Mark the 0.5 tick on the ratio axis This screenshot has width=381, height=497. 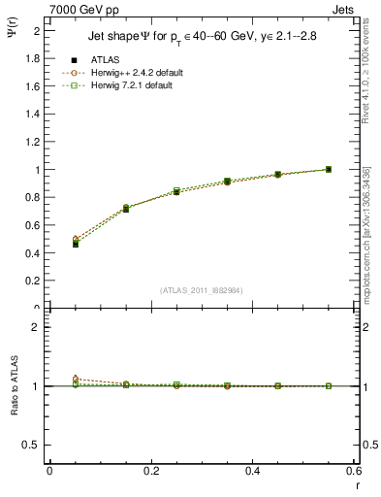pyautogui.click(x=34, y=445)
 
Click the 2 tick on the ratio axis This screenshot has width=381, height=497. pyautogui.click(x=38, y=328)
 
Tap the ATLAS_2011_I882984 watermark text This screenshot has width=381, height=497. pyautogui.click(x=201, y=290)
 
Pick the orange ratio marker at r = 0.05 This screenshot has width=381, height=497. pyautogui.click(x=76, y=379)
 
